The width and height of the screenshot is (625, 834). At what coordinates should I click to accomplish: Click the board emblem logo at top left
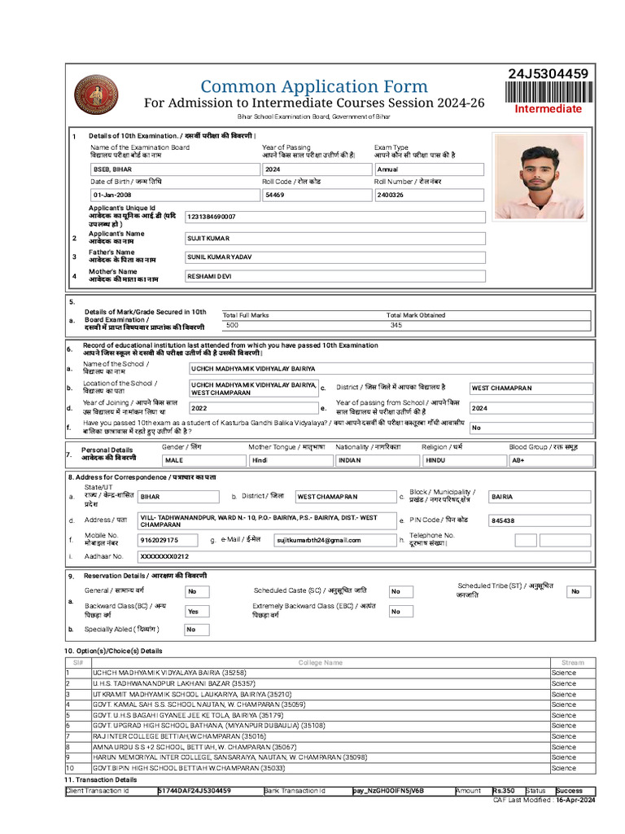[96, 95]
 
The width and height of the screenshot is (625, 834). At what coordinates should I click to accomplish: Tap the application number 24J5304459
[549, 74]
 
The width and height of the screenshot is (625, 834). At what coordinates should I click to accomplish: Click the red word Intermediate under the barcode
[548, 108]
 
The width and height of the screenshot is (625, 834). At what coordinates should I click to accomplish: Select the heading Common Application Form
[314, 86]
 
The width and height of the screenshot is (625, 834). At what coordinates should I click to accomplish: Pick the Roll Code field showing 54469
[315, 195]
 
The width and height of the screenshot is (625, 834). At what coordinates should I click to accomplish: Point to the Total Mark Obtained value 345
[396, 325]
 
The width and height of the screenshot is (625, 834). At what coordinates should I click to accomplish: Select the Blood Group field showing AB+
[550, 460]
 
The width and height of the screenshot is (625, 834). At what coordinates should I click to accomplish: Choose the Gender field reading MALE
[202, 460]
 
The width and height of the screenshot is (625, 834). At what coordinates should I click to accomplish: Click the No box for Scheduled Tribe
[578, 591]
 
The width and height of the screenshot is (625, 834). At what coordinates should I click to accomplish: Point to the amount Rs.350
[505, 791]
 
